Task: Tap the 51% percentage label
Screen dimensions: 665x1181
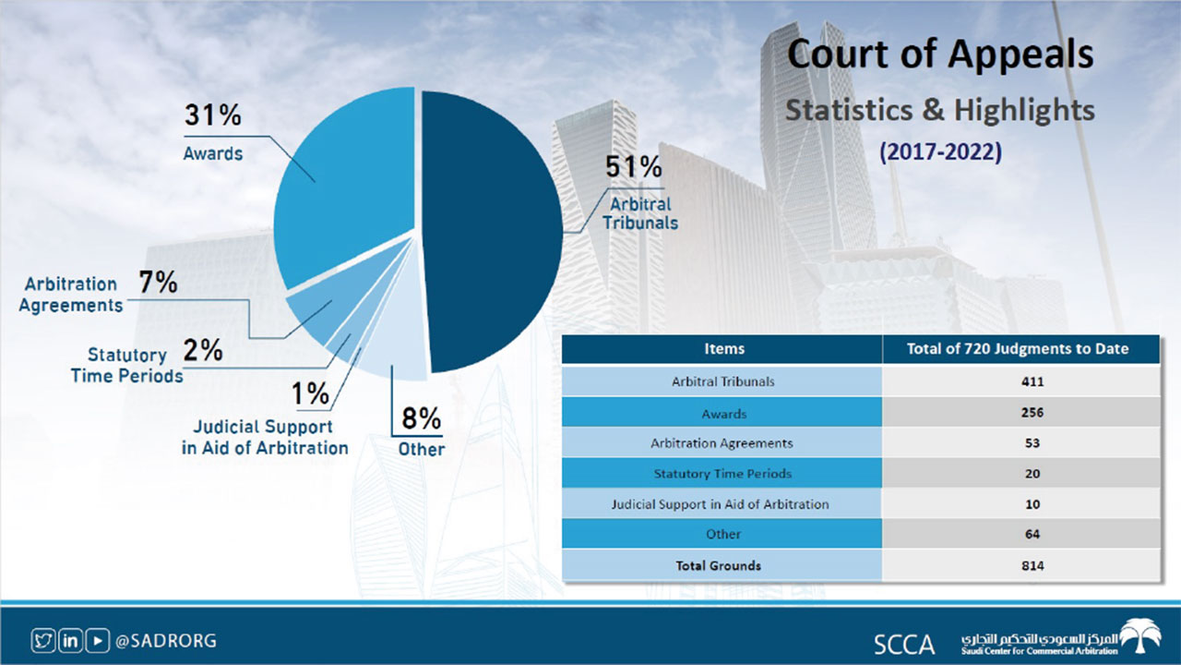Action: pyautogui.click(x=633, y=167)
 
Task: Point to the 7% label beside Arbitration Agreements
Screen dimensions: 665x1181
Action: pyautogui.click(x=158, y=283)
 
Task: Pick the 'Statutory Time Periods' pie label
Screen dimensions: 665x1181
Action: pyautogui.click(x=127, y=366)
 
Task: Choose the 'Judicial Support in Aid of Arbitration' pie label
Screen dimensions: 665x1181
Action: pyautogui.click(x=264, y=438)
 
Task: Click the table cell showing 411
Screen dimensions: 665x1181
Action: pyautogui.click(x=1032, y=381)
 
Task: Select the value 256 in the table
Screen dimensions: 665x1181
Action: pyautogui.click(x=1032, y=412)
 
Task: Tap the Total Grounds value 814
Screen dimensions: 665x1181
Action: pyautogui.click(x=1032, y=565)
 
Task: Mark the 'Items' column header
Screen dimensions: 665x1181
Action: pyautogui.click(x=723, y=349)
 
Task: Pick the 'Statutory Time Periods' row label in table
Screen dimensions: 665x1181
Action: pyautogui.click(x=723, y=474)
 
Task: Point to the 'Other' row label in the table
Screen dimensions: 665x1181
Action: pyautogui.click(x=723, y=535)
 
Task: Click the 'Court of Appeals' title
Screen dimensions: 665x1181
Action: pyautogui.click(x=940, y=55)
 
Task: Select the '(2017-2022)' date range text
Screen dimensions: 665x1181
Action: pyautogui.click(x=940, y=152)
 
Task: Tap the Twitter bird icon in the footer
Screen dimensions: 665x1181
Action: pyautogui.click(x=42, y=639)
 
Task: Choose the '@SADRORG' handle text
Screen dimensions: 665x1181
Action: pyautogui.click(x=166, y=640)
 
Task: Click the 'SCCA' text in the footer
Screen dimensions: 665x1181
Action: pyautogui.click(x=904, y=644)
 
